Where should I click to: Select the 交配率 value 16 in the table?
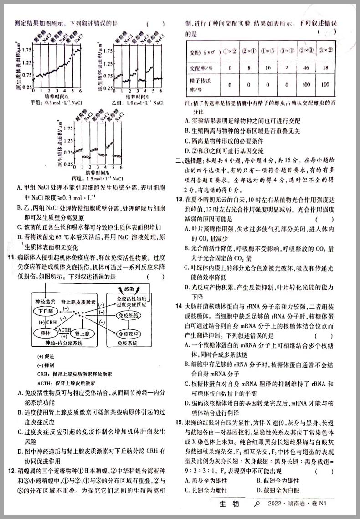[267, 68]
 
